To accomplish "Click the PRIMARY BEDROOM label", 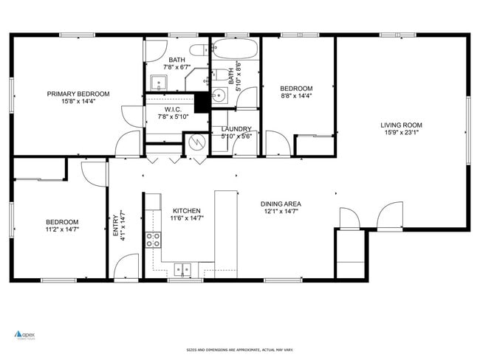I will tap(78, 94).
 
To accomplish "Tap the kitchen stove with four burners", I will tap(154, 239).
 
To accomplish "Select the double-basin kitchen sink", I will tap(182, 269).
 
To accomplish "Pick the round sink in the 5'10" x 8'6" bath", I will tap(219, 97).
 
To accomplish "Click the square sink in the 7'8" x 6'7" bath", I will tap(158, 81).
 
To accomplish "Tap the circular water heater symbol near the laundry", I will tap(197, 141).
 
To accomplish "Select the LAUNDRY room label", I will tap(236, 129).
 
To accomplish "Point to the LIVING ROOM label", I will tap(401, 125).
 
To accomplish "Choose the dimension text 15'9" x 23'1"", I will tap(401, 133).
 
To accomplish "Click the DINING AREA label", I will tap(281, 204).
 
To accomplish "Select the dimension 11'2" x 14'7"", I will tap(62, 229).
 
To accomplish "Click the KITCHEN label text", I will tap(186, 211).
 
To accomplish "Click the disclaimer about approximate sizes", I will tap(239, 350).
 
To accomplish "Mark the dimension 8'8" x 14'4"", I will tap(296, 96).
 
